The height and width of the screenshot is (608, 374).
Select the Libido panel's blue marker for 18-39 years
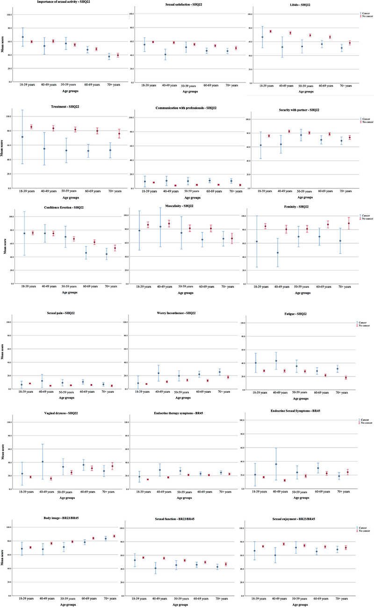click(x=262, y=37)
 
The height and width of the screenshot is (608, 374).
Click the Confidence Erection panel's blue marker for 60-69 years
click(x=86, y=253)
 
